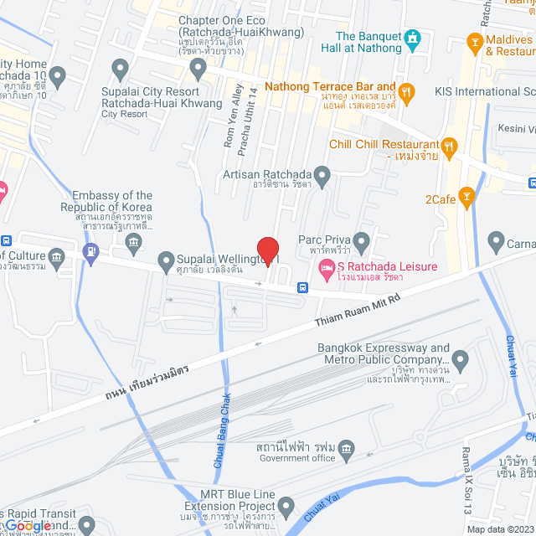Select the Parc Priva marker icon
click(x=362, y=243)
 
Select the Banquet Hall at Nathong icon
click(x=411, y=39)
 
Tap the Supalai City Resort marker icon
click(x=120, y=68)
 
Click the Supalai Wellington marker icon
click(x=164, y=261)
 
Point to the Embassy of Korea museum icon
click(x=133, y=243)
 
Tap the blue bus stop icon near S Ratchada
click(x=301, y=286)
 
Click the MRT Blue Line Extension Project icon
click(x=286, y=506)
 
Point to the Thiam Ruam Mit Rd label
click(x=358, y=311)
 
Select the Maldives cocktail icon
click(x=475, y=41)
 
